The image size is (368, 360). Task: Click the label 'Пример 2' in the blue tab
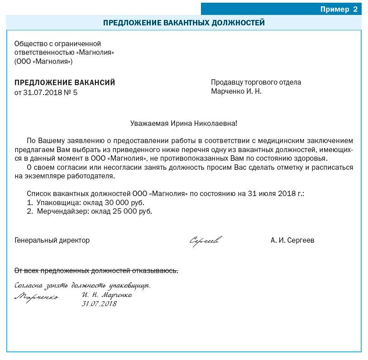(339, 9)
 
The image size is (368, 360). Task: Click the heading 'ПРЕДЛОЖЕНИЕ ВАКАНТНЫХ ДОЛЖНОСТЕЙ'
(184, 23)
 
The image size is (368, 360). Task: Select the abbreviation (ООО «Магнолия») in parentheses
(43, 61)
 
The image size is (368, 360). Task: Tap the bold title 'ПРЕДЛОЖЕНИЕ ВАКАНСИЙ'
(65, 82)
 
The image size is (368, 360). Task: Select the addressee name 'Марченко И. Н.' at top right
(236, 91)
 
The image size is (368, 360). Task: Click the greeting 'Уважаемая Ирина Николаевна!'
(183, 123)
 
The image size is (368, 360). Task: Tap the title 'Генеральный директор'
(52, 240)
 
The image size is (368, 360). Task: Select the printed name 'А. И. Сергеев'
(292, 240)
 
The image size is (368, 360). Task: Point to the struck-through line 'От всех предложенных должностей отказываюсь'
(96, 271)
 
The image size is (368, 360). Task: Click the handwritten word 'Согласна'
(29, 286)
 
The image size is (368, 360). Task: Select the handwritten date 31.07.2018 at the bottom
(99, 304)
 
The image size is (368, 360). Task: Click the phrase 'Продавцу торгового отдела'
(256, 82)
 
